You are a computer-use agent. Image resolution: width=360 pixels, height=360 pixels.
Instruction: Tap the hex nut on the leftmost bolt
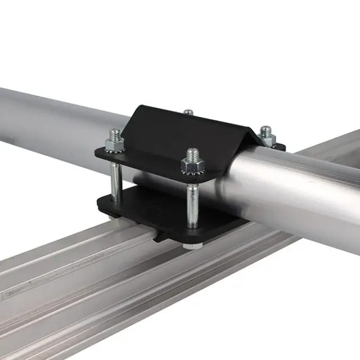pyautogui.click(x=114, y=145)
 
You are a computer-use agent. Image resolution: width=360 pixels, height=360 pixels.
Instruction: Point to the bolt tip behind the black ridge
pyautogui.click(x=188, y=112)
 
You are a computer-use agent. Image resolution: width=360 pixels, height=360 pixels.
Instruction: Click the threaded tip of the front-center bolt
pyautogui.click(x=192, y=152)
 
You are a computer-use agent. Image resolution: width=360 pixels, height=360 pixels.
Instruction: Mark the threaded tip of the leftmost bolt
pyautogui.click(x=115, y=133)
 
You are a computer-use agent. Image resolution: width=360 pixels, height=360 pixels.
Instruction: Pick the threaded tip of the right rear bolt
pyautogui.click(x=266, y=129)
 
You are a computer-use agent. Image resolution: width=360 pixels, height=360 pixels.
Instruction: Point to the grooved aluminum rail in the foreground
pyautogui.click(x=112, y=292)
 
